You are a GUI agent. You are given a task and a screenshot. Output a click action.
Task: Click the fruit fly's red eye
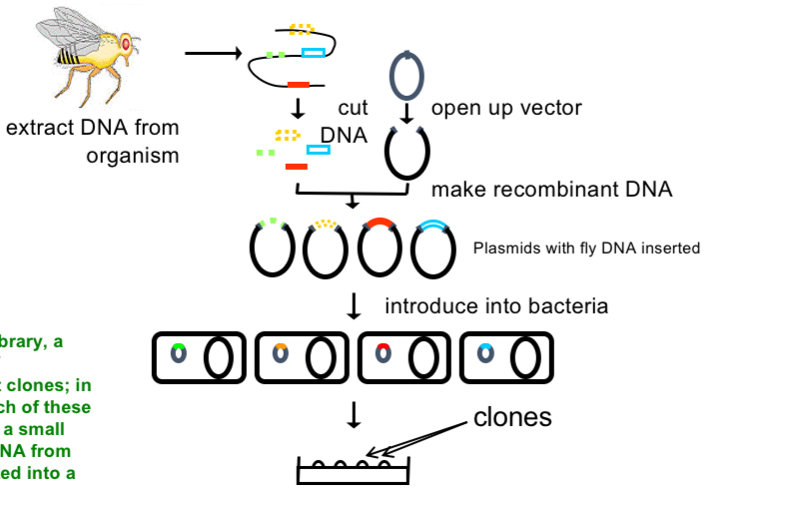click(126, 44)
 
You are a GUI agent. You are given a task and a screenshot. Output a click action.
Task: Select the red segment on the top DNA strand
click(299, 85)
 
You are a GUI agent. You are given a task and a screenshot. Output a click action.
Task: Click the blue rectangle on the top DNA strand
click(313, 54)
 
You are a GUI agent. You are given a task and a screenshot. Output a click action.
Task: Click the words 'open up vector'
click(505, 108)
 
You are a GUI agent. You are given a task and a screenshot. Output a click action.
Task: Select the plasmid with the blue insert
click(434, 248)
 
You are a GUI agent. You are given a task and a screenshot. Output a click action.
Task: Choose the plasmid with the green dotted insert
click(271, 248)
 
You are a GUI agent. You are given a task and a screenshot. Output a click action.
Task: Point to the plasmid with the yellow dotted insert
click(325, 248)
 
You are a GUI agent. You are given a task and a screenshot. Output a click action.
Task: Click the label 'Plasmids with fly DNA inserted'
click(586, 249)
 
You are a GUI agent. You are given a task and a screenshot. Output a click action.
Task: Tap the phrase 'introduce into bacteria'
click(495, 306)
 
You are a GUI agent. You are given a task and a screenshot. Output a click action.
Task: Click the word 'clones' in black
click(511, 417)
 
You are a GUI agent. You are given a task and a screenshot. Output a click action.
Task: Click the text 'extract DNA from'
click(92, 129)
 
